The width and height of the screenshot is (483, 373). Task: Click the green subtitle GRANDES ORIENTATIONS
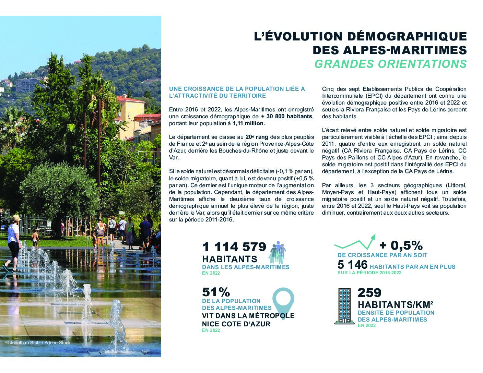tap(390, 64)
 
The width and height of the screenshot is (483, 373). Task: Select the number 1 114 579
tap(234, 246)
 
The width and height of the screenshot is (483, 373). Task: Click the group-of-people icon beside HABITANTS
tap(278, 252)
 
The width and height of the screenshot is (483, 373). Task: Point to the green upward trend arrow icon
tap(355, 242)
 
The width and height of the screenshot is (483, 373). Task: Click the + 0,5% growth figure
tap(401, 245)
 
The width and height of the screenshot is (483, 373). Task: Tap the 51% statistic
tap(216, 292)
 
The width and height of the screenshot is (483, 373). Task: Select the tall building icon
tap(344, 306)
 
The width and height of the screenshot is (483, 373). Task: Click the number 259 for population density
tap(369, 293)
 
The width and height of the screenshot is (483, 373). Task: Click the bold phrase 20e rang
tap(257, 137)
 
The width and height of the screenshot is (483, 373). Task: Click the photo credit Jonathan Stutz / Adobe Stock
tap(38, 343)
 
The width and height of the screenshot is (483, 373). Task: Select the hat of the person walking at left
tap(16, 218)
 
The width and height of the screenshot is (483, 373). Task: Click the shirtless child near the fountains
tap(35, 239)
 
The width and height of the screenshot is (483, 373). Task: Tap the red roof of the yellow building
tap(130, 99)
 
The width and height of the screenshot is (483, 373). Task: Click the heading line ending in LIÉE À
tap(237, 89)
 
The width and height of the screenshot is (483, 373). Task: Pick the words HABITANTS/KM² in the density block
tap(395, 304)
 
